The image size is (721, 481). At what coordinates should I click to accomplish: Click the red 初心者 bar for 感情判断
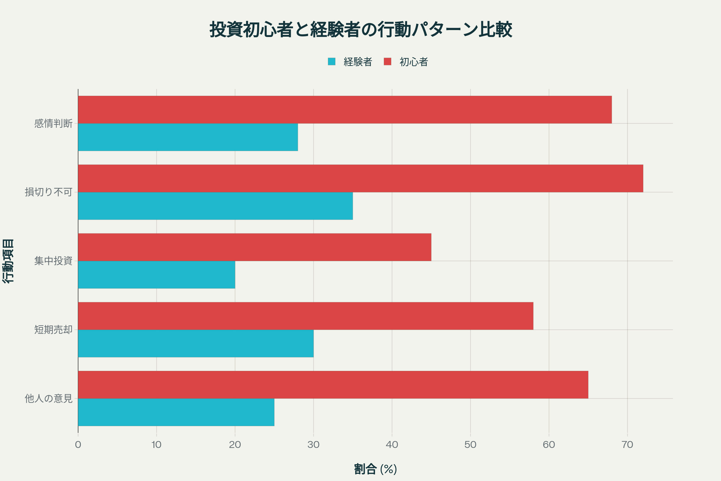(x=345, y=109)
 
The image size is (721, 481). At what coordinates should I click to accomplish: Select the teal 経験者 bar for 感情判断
(x=188, y=137)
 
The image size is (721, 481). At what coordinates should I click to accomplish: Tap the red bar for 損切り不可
(x=360, y=178)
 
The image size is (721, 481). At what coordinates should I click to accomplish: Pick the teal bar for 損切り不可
(x=215, y=206)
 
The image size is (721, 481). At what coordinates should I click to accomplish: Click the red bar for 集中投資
(x=254, y=247)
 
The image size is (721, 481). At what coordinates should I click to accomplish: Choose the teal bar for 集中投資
(x=156, y=274)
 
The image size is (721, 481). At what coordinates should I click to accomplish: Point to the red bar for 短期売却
(x=305, y=316)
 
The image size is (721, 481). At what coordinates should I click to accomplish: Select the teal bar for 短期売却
(x=196, y=343)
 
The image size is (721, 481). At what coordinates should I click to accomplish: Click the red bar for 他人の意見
(x=333, y=384)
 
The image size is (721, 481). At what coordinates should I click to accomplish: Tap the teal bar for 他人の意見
(x=176, y=412)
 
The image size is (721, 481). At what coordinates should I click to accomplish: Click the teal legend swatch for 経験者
(x=331, y=62)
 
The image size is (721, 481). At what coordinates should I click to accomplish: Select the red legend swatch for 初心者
(x=388, y=62)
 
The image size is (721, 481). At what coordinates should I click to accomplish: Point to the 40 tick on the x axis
(x=392, y=445)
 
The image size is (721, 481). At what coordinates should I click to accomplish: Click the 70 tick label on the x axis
(x=627, y=445)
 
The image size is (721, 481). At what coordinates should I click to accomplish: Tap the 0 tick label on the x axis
(x=78, y=445)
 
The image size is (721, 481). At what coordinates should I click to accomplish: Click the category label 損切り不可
(x=48, y=192)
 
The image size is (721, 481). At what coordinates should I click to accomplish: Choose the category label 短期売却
(x=53, y=329)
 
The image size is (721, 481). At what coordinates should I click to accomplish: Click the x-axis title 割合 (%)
(x=375, y=469)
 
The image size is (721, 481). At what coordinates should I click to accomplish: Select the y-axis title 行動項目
(x=8, y=261)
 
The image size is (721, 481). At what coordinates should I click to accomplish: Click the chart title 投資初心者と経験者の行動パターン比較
(x=360, y=30)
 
